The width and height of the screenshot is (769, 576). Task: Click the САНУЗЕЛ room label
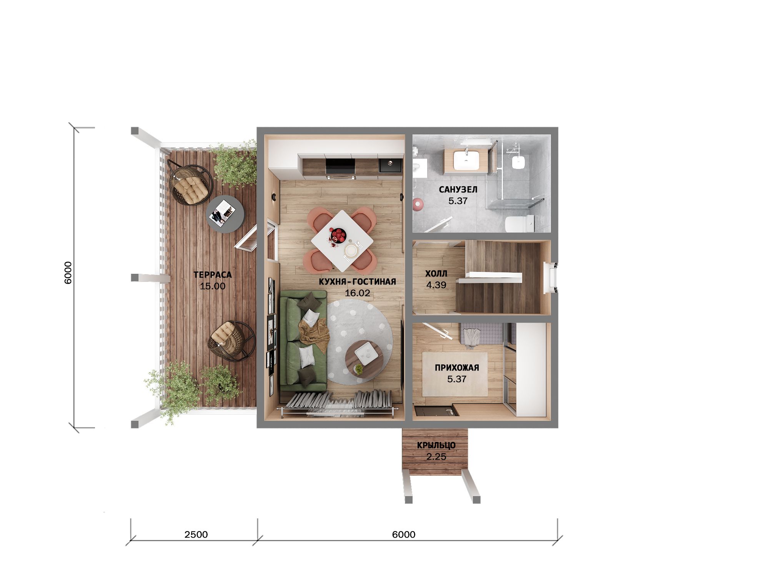point(458,189)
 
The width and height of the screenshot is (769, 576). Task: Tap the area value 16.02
point(357,293)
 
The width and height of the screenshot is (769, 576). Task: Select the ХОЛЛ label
point(436,274)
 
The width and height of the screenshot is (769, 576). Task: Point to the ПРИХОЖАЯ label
point(457,368)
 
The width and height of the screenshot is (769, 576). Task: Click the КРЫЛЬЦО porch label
point(436,445)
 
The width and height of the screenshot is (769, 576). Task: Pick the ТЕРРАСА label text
point(213,275)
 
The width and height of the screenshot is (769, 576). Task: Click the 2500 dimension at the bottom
point(196,535)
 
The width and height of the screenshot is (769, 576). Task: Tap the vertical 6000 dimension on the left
point(68,273)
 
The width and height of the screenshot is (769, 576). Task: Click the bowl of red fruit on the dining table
point(338,235)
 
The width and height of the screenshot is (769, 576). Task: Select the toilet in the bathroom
point(519,224)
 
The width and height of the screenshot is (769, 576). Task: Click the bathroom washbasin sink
point(466,160)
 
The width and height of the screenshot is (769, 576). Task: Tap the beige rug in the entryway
point(455,374)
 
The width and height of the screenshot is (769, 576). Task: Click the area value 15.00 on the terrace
point(213,286)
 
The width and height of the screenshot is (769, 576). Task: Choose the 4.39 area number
point(436,285)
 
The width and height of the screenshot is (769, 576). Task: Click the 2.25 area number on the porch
point(436,457)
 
